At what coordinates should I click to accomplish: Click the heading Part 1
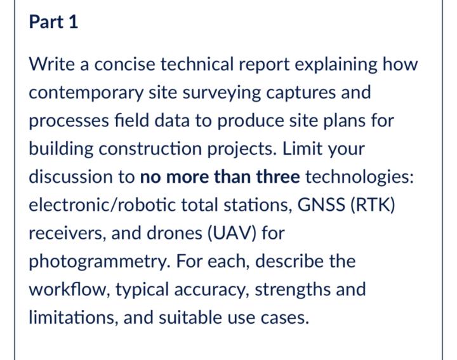click(x=53, y=22)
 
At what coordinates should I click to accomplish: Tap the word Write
click(x=51, y=64)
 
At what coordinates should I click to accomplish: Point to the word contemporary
click(x=86, y=93)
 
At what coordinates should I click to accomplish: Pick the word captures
click(x=301, y=93)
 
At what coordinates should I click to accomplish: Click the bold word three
click(x=278, y=177)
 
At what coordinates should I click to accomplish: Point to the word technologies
click(x=359, y=178)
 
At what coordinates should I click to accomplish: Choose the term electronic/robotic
click(x=102, y=204)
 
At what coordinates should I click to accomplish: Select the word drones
click(x=175, y=233)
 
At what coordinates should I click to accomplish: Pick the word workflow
click(x=70, y=290)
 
